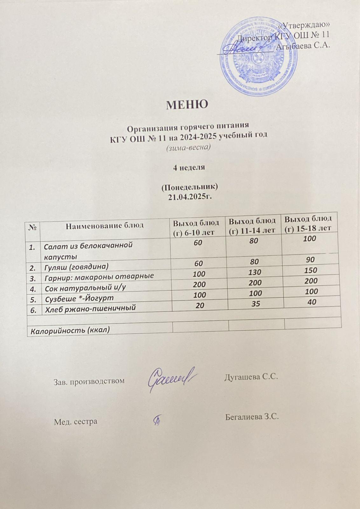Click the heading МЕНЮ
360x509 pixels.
pyautogui.click(x=187, y=104)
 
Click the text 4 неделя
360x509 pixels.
pyautogui.click(x=189, y=168)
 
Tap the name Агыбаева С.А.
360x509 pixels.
pyautogui.click(x=303, y=46)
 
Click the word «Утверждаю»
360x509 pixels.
pyautogui.click(x=304, y=25)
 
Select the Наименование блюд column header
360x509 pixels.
pyautogui.click(x=105, y=226)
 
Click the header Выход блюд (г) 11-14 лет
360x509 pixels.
pyautogui.click(x=253, y=225)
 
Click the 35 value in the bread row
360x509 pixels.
pyautogui.click(x=255, y=304)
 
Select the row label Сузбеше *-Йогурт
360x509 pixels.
pyautogui.click(x=79, y=298)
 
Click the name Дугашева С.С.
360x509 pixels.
pyautogui.click(x=251, y=377)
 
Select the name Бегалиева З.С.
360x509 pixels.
pyautogui.click(x=252, y=417)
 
